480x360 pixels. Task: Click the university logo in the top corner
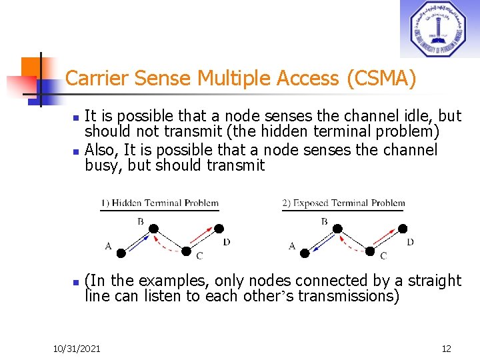[x=439, y=29]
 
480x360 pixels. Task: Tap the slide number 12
[x=446, y=349]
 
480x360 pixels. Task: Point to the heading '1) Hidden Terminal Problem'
[x=160, y=203]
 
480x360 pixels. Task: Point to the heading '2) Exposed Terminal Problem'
[x=343, y=203]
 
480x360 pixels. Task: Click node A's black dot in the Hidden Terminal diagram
[x=121, y=253]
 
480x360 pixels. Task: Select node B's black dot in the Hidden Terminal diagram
[x=153, y=229]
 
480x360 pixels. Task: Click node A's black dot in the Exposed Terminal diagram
[x=305, y=253]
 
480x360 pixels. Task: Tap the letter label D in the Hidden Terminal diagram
[x=226, y=242]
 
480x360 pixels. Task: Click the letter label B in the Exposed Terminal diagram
[x=324, y=221]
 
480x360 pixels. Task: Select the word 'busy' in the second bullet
[x=103, y=165]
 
